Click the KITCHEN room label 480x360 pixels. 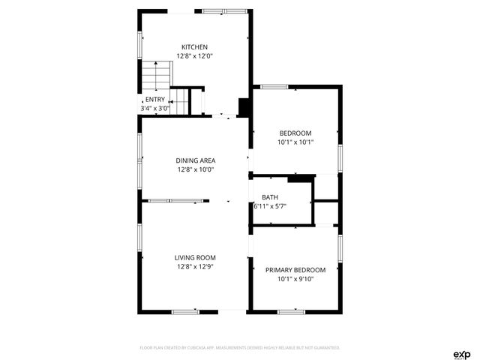click(x=194, y=47)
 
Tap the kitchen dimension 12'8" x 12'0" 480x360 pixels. click(x=194, y=56)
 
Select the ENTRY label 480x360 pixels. click(x=155, y=100)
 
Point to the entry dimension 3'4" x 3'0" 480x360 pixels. click(x=155, y=108)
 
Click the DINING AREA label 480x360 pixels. click(x=196, y=160)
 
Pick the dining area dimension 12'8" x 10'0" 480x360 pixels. click(x=196, y=169)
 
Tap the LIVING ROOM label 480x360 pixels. click(x=196, y=257)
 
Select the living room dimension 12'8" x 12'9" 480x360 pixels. click(x=196, y=266)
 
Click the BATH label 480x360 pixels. click(x=270, y=197)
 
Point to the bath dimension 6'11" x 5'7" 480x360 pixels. click(x=271, y=205)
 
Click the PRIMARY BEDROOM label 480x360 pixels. click(x=295, y=270)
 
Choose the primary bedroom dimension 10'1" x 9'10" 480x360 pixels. click(x=295, y=279)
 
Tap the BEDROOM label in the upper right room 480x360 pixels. click(x=295, y=133)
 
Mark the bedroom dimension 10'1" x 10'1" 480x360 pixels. click(x=295, y=142)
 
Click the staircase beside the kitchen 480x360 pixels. click(x=157, y=76)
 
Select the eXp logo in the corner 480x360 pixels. click(x=460, y=354)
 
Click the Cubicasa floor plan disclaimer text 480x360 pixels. click(x=240, y=348)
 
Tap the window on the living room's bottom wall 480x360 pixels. click(x=184, y=310)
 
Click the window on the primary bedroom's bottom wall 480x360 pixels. click(x=291, y=310)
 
